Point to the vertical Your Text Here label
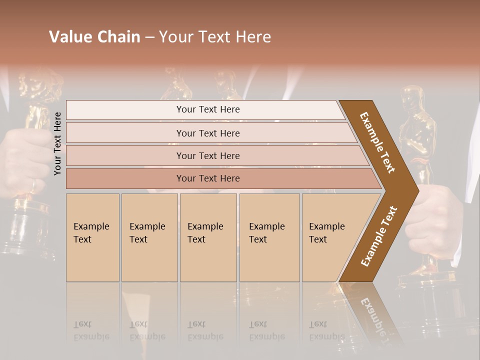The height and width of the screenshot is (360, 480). [57, 143]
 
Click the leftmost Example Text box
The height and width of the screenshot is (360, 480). [92, 237]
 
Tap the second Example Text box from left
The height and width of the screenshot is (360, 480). [149, 237]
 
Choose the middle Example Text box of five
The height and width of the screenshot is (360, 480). [207, 237]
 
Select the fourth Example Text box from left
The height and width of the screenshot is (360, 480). [269, 237]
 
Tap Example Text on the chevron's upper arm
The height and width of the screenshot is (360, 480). [378, 142]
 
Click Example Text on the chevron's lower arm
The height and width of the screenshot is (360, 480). [379, 236]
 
